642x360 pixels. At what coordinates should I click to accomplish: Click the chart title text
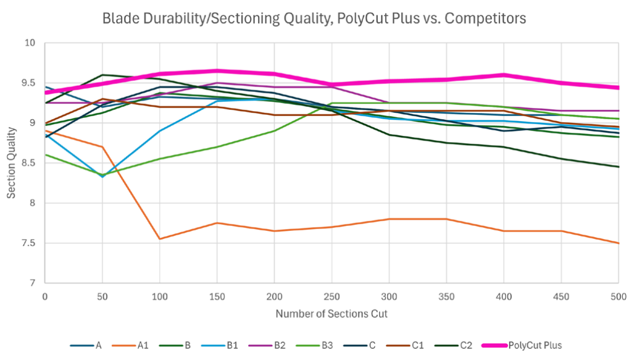(x=314, y=19)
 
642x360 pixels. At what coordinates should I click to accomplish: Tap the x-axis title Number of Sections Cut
(x=331, y=314)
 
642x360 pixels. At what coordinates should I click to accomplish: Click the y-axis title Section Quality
(x=12, y=163)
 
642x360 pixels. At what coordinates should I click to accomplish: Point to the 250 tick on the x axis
(x=331, y=296)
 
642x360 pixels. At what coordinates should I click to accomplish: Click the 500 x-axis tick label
(x=619, y=296)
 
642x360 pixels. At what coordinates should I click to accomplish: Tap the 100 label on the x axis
(x=159, y=296)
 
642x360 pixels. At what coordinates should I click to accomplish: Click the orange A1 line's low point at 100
(x=159, y=238)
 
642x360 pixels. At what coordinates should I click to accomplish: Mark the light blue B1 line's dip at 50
(x=102, y=177)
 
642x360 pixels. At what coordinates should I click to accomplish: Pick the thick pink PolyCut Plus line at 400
(x=504, y=75)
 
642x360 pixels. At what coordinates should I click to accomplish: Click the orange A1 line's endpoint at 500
(x=618, y=243)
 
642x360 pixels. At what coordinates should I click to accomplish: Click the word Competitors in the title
(x=491, y=19)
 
